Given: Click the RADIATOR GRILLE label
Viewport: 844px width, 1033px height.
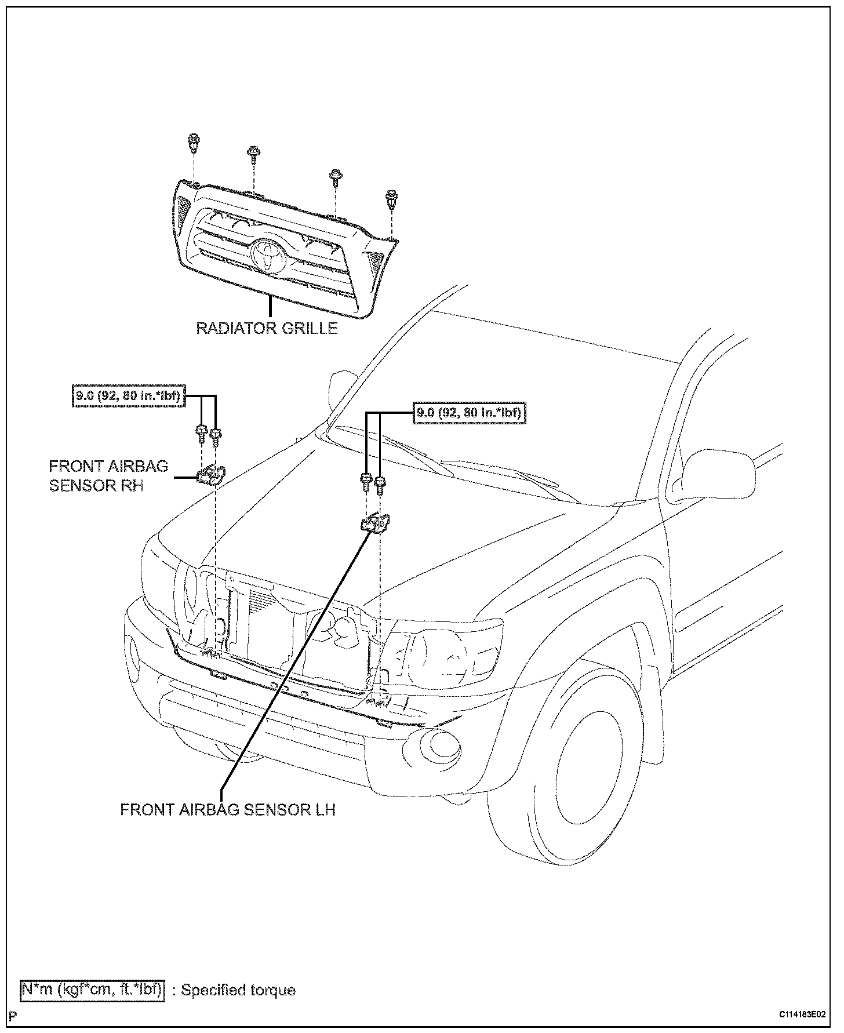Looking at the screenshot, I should [267, 328].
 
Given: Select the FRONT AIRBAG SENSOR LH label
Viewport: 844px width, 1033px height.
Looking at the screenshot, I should [228, 809].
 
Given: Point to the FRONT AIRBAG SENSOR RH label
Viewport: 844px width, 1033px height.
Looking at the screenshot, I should [108, 475].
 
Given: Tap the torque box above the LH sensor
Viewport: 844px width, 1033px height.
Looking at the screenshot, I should [469, 413].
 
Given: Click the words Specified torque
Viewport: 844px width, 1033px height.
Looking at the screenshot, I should [238, 990].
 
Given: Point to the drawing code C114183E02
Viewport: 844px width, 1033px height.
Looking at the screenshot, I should [801, 1014].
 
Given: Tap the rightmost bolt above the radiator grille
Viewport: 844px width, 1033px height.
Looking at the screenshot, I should [391, 199].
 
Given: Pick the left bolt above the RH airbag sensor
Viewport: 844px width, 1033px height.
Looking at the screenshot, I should [201, 431].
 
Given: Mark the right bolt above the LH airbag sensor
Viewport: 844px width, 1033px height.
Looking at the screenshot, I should [380, 483].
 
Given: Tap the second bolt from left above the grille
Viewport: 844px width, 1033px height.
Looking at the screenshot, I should [253, 154].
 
